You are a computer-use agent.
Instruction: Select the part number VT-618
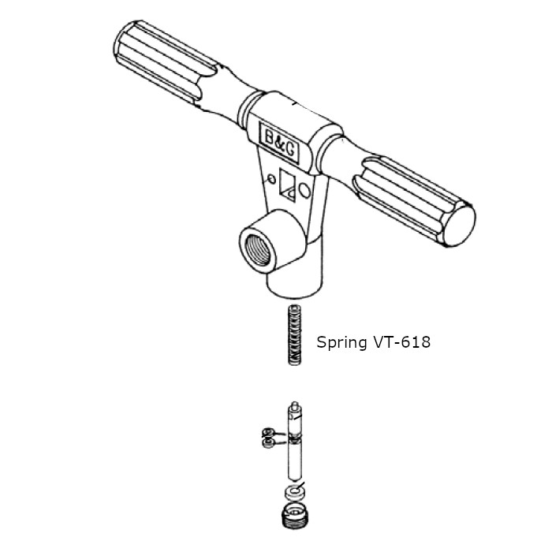402,343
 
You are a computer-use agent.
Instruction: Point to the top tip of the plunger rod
295,404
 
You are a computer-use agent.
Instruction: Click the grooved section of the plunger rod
294,438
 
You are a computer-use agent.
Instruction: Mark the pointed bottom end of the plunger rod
293,476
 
